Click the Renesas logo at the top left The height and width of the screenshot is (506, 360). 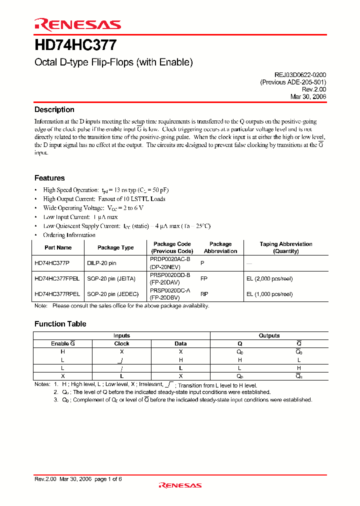click(77, 24)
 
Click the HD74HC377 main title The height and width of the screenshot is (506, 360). click(75, 45)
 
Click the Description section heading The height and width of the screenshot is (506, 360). click(54, 109)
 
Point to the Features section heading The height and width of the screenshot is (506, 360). click(49, 178)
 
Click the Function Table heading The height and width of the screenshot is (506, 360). click(60, 324)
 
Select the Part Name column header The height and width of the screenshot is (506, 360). click(58, 247)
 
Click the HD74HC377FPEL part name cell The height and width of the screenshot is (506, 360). click(56, 278)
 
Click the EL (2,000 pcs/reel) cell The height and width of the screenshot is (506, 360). click(269, 278)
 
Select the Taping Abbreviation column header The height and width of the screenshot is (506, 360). click(286, 247)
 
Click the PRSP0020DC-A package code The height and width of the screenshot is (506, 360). click(170, 290)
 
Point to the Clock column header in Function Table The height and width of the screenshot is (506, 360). click(121, 343)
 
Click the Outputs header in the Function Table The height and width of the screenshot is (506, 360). click(269, 335)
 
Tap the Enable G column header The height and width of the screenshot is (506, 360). click(63, 343)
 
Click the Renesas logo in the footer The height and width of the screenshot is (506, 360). click(180, 485)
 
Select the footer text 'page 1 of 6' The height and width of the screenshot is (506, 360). click(108, 479)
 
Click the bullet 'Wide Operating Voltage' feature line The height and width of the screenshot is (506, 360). click(93, 208)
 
